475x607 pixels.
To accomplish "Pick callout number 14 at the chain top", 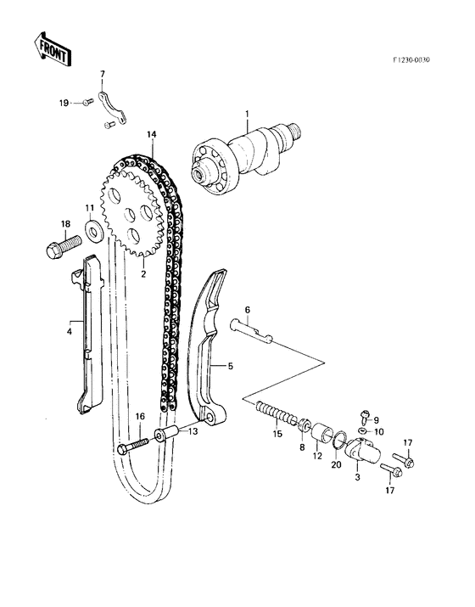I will pyautogui.click(x=151, y=136).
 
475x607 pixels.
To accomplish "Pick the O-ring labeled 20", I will pyautogui.click(x=337, y=442).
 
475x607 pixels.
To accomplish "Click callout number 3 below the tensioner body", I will pyautogui.click(x=357, y=478).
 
